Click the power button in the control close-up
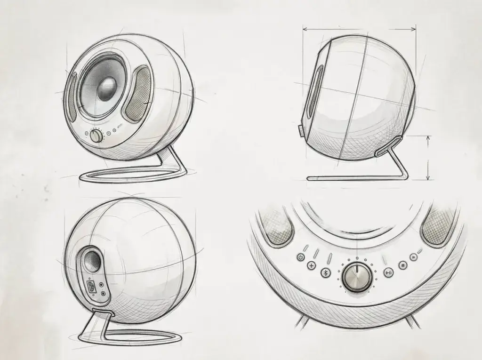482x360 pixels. pos(301,257)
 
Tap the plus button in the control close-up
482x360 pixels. pos(311,266)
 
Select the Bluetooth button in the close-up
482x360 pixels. pos(324,272)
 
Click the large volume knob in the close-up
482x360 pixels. pos(357,277)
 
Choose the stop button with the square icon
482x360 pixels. pos(403,266)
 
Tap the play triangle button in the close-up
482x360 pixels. pos(413,257)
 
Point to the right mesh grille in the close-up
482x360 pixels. pos(438,228)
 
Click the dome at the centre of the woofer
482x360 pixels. pos(106,88)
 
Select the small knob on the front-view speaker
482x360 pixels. pos(96,136)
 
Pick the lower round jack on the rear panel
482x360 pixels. pos(103,294)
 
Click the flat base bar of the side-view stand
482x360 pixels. pos(353,178)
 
